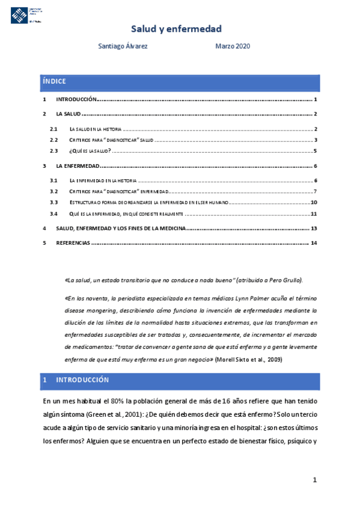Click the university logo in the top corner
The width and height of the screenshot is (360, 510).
27,12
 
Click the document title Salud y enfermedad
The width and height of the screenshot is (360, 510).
177,28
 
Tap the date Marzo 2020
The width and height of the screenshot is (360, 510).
233,46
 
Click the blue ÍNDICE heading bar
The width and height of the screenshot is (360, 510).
180,82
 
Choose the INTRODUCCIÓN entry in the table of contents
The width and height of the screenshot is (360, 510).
76,99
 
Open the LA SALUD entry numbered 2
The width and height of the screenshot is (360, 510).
68,114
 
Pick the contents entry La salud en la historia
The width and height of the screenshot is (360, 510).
96,129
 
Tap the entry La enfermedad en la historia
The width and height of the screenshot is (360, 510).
103,180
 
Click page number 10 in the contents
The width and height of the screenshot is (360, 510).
314,202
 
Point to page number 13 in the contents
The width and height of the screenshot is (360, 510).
314,229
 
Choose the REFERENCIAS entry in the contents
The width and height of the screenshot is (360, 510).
73,243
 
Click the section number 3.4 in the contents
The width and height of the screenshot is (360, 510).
53,214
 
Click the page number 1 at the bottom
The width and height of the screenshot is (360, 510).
314,480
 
